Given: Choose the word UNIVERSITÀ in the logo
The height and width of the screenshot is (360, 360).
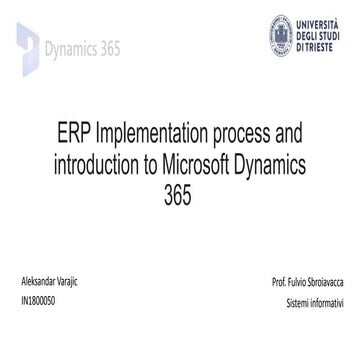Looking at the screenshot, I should tap(315, 22).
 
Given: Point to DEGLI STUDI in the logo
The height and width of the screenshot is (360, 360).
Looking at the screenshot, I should tap(317, 34).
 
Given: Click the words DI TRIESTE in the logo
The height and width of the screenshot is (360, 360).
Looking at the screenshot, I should tap(313, 46).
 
